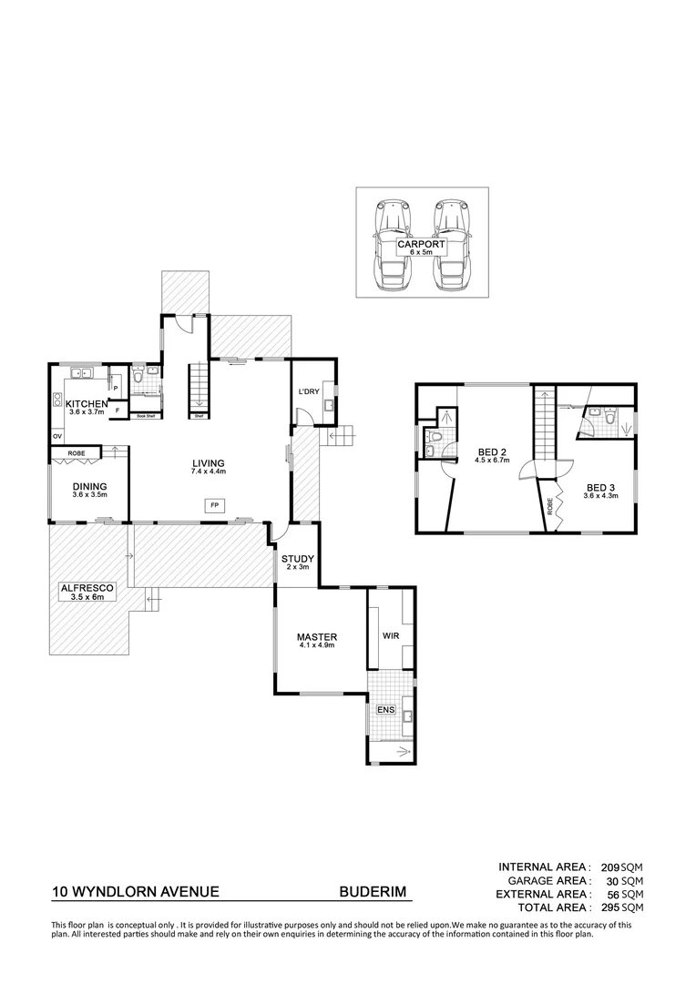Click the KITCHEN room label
pyautogui.click(x=87, y=403)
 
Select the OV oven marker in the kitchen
pyautogui.click(x=57, y=436)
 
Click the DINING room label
pyautogui.click(x=89, y=486)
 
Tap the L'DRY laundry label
pyautogui.click(x=306, y=391)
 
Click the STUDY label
pyautogui.click(x=297, y=558)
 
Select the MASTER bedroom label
pyautogui.click(x=317, y=636)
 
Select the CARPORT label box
pyautogui.click(x=421, y=247)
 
